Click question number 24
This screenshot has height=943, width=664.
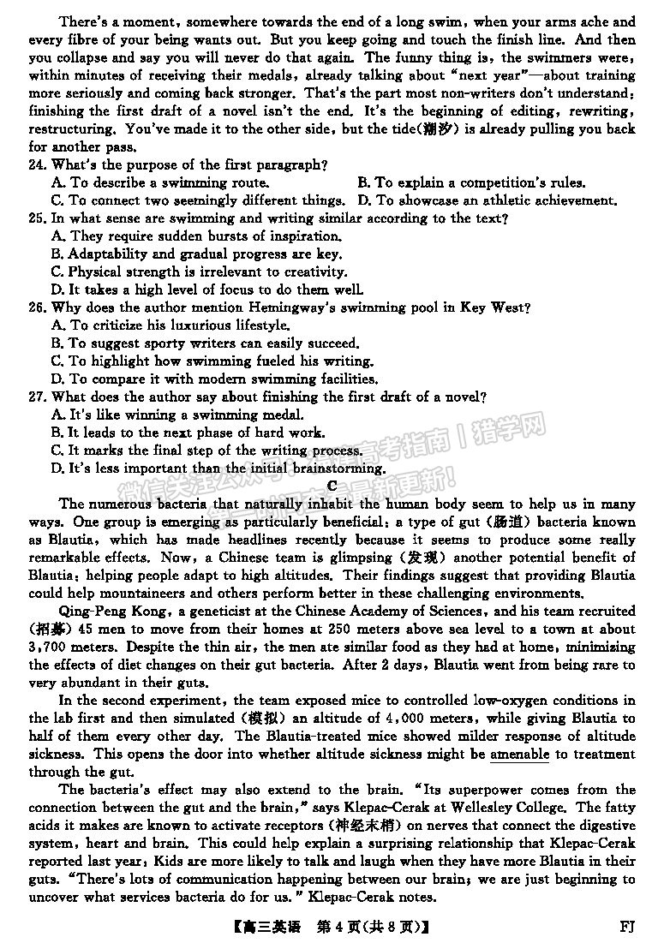coord(38,164)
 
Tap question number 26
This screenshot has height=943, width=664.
coord(38,307)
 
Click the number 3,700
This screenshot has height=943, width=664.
coord(51,648)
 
